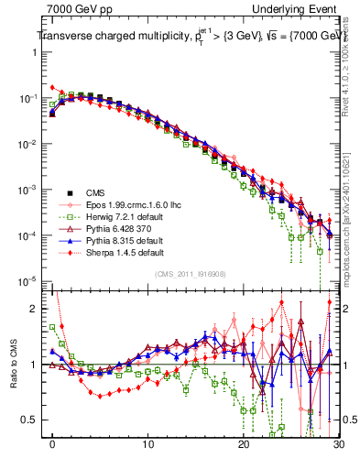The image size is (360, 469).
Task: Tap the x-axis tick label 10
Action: click(148, 444)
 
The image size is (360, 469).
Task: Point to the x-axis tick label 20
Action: click(244, 444)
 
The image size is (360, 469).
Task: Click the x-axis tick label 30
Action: click(338, 444)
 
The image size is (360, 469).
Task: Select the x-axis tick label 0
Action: click(53, 444)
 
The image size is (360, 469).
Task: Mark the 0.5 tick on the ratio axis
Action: click(33, 420)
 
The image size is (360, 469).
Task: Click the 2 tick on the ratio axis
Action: click(38, 309)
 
